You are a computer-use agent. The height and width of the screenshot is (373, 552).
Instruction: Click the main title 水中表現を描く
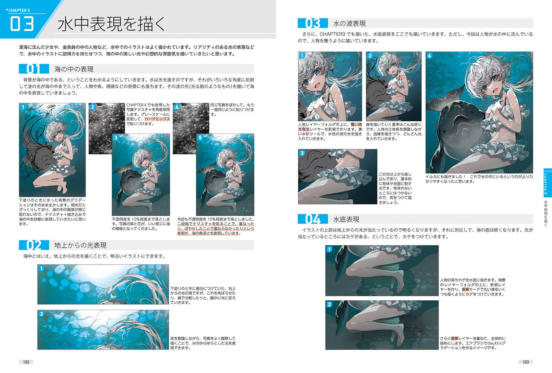click(112, 24)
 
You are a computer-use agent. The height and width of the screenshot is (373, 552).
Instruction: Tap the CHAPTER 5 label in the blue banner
click(19, 11)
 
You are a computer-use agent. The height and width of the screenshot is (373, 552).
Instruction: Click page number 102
click(26, 362)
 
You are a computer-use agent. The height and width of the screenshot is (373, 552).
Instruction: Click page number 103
click(526, 362)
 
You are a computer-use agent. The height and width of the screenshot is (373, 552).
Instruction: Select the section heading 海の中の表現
click(74, 69)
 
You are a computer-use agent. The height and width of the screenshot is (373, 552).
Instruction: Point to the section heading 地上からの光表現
click(80, 245)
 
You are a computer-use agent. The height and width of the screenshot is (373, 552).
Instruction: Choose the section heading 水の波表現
click(349, 24)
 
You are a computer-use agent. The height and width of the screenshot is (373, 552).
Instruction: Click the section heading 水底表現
click(346, 220)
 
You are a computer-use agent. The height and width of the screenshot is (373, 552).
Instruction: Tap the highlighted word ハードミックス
click(157, 119)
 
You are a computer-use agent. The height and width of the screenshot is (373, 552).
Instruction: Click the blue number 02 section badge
click(34, 245)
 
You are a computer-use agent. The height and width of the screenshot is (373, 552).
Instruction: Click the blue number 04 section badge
click(313, 219)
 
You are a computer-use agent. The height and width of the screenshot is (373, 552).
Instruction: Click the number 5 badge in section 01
click(200, 137)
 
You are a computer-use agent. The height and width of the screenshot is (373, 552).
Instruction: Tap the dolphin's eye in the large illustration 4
click(444, 132)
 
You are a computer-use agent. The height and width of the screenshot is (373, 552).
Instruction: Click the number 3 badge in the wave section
click(302, 153)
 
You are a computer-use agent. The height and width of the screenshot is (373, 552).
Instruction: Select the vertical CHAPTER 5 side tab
click(547, 183)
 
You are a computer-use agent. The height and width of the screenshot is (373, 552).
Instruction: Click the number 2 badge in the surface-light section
click(41, 314)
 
